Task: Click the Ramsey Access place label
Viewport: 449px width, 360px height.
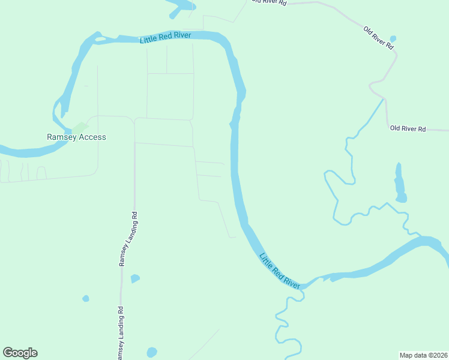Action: pos(76,137)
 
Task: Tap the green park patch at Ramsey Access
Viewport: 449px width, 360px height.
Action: pos(79,128)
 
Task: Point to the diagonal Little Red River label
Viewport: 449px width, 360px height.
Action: pos(279,271)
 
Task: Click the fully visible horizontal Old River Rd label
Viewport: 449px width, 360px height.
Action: pos(408,128)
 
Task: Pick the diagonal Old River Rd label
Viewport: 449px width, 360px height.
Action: pos(379,37)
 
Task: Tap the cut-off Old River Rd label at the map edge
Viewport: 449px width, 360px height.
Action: pos(269,2)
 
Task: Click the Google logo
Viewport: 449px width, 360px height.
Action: pos(20,353)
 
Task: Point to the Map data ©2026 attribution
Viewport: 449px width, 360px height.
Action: pos(423,355)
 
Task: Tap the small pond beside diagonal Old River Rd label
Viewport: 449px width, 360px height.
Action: pos(393,39)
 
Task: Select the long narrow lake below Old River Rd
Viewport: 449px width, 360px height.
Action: pos(399,184)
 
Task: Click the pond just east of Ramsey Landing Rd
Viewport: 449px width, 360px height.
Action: pos(135,278)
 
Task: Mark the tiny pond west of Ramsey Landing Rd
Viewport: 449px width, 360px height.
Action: pos(86,298)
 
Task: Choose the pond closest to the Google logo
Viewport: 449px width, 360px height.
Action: pos(151,352)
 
